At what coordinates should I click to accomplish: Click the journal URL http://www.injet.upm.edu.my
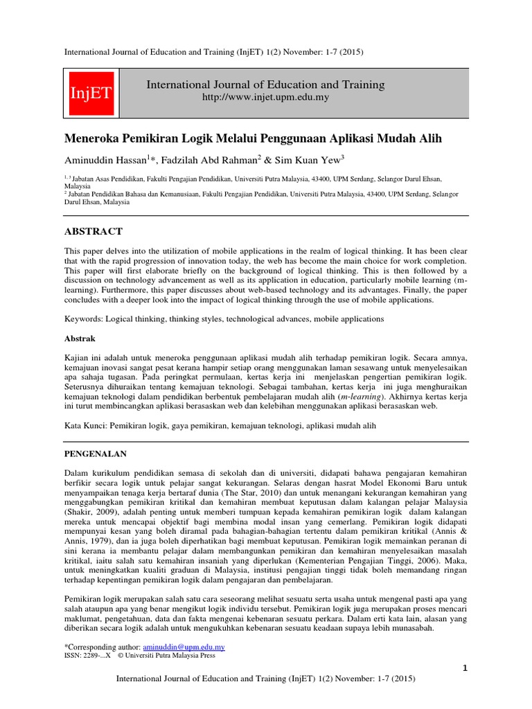pos(265,98)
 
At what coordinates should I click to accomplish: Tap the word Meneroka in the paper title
pos(96,138)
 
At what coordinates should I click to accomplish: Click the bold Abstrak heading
pos(80,339)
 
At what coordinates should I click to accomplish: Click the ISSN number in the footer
pos(87,655)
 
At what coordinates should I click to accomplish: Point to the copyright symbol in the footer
pos(121,655)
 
